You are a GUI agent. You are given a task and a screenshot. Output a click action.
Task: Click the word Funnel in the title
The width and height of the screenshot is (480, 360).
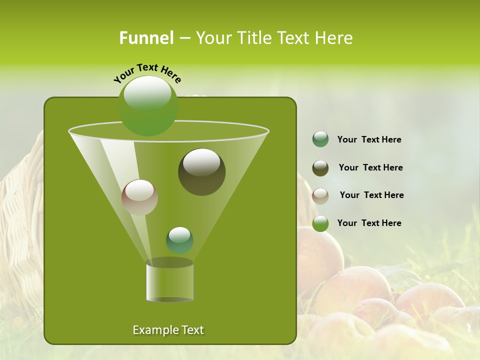(146, 38)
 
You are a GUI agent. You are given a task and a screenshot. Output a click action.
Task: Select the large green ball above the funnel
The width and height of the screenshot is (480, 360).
(148, 106)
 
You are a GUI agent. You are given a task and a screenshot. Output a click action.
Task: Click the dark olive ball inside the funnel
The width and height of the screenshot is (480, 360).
(201, 172)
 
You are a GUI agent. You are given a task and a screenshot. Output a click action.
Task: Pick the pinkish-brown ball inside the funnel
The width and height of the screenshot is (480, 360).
(139, 197)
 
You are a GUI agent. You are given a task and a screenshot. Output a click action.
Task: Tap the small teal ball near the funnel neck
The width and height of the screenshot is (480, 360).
(179, 240)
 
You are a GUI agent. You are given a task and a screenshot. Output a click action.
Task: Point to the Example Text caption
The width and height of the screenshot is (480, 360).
(168, 330)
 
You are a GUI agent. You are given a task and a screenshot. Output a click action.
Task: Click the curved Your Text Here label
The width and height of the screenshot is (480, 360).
(147, 72)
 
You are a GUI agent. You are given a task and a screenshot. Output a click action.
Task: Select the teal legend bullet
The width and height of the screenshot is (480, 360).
(320, 139)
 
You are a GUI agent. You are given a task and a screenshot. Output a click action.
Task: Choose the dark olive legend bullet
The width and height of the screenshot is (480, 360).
(320, 168)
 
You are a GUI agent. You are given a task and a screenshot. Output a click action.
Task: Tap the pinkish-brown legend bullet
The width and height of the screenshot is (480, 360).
(320, 196)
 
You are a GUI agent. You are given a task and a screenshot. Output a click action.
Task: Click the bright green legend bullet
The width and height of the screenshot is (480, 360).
(320, 223)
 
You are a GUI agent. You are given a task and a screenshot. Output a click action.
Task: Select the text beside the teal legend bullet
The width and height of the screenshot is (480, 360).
(369, 139)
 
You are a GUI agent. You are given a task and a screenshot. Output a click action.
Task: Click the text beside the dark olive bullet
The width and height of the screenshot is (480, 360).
(370, 167)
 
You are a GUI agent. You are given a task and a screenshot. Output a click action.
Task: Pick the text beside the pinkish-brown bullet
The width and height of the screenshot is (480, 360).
(371, 195)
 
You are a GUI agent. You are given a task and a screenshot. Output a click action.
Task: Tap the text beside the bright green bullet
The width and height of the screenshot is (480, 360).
(369, 223)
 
